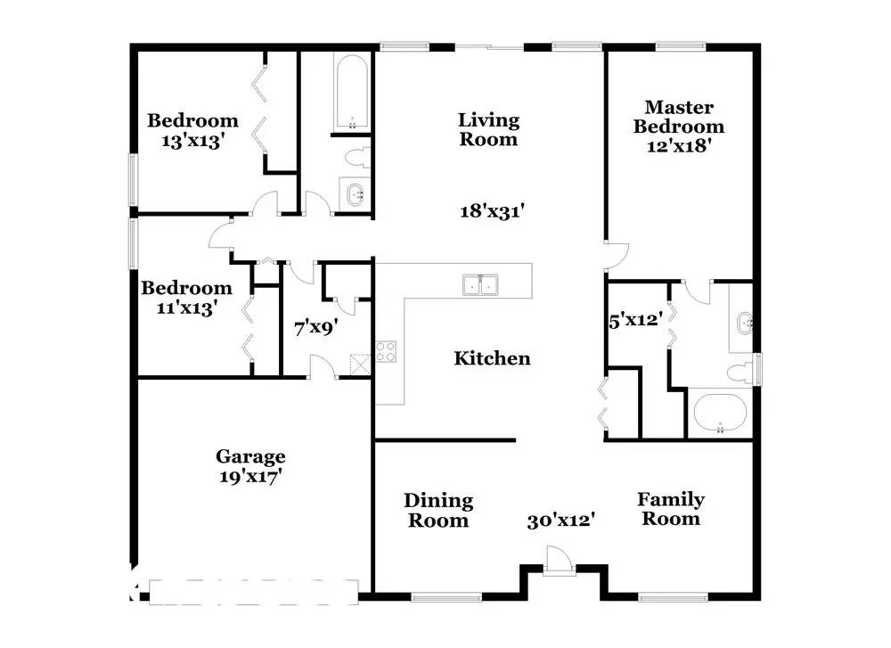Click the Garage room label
[250, 456]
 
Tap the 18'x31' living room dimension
[492, 211]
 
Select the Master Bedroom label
[679, 117]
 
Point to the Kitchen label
[492, 358]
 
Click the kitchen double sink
[481, 284]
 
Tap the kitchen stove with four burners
[386, 352]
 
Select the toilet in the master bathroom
[740, 373]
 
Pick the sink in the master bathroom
[745, 324]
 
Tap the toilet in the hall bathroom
[357, 157]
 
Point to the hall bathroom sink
[356, 194]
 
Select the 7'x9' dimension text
[316, 328]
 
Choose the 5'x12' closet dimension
[635, 321]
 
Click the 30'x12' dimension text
[560, 521]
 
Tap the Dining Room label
[438, 510]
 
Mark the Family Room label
[671, 509]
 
